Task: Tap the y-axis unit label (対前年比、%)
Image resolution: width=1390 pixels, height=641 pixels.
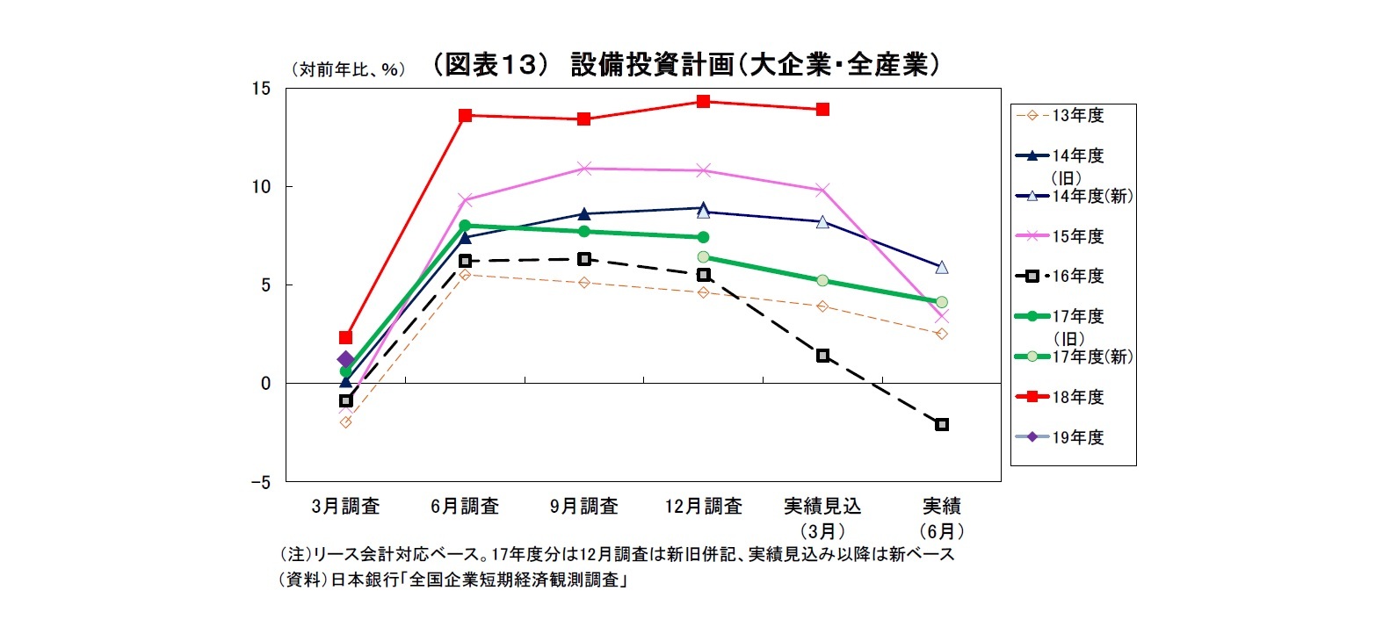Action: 349,69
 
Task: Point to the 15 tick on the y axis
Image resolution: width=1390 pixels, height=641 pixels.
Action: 261,88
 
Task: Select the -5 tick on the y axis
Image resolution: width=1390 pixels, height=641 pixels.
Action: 260,482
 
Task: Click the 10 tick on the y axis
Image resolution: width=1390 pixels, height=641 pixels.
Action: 261,186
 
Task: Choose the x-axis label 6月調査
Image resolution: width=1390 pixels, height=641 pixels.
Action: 465,507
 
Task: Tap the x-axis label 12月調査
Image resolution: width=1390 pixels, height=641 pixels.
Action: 703,507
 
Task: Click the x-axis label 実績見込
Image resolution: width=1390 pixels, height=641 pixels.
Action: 822,507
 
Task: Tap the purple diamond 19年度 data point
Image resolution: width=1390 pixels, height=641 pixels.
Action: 345,359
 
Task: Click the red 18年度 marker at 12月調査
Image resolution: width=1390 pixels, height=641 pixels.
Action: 703,101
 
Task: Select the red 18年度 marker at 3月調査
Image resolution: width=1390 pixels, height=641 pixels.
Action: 345,337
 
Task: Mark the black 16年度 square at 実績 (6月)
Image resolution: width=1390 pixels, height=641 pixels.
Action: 942,424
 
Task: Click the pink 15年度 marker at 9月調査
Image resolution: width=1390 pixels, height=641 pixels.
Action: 584,168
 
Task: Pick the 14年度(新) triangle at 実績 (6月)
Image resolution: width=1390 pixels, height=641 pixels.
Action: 942,267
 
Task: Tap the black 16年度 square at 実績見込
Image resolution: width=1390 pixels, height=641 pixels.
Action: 822,356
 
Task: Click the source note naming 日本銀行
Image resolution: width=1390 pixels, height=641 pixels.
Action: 453,580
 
